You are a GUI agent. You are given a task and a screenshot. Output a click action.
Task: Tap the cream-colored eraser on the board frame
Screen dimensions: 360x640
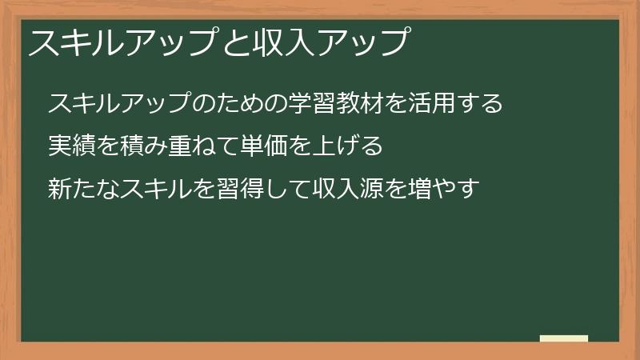click(564, 338)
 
